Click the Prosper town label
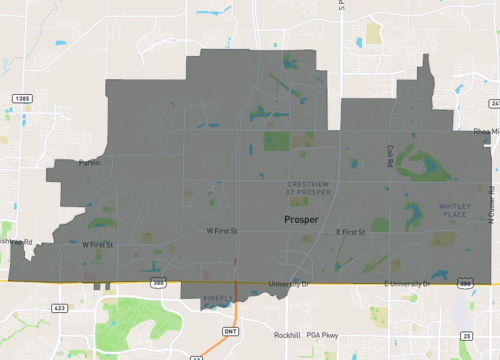click(x=300, y=219)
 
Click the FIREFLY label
click(x=217, y=298)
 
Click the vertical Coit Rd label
click(x=391, y=156)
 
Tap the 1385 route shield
click(x=22, y=98)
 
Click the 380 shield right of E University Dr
click(x=466, y=284)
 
